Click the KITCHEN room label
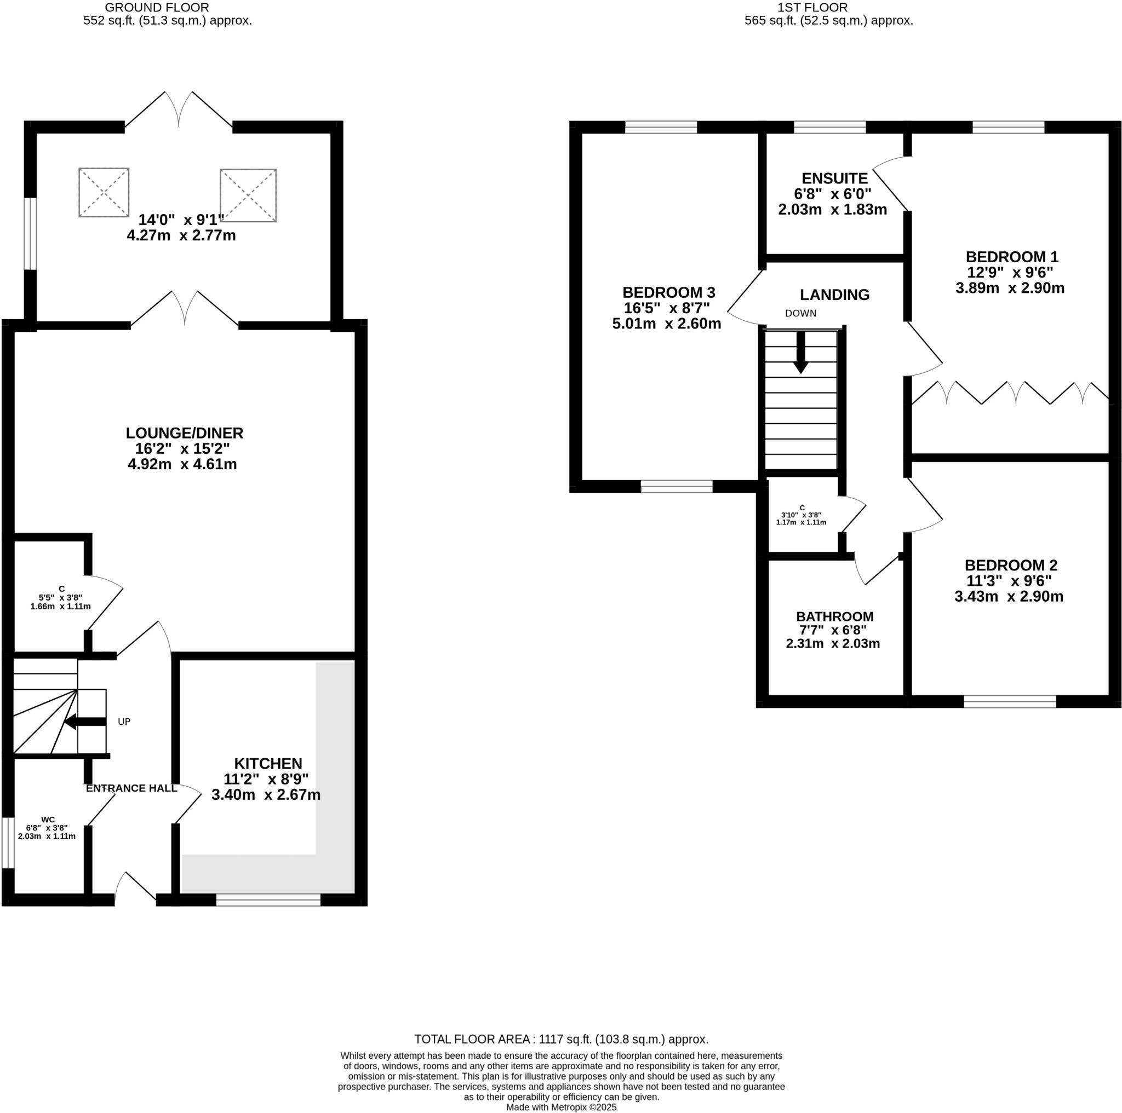[x=268, y=763]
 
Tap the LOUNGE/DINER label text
[x=185, y=433]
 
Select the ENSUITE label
[x=834, y=178]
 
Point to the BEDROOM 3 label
[x=668, y=292]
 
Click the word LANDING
[x=834, y=295]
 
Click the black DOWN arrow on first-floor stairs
[x=801, y=352]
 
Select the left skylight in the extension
[x=104, y=193]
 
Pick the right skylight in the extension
[x=248, y=195]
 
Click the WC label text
[x=48, y=820]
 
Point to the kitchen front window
[x=268, y=899]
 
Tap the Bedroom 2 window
[x=1009, y=701]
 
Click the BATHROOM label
[x=834, y=616]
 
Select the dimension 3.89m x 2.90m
[x=1010, y=288]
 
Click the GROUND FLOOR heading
[x=157, y=8]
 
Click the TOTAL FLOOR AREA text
[x=561, y=1039]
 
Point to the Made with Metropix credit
[x=561, y=1107]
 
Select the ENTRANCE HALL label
[x=132, y=788]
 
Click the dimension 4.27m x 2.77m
[x=181, y=235]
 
